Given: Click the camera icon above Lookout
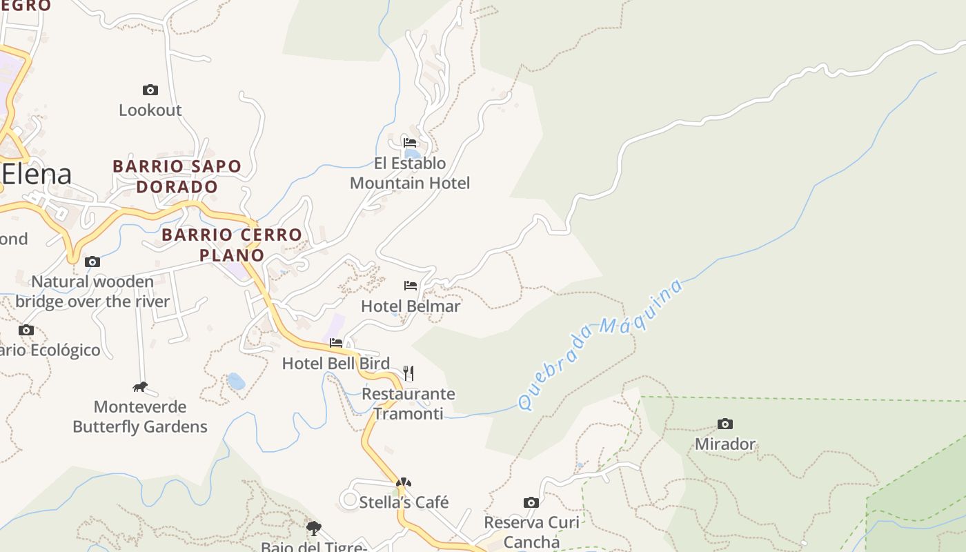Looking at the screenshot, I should pyautogui.click(x=150, y=90).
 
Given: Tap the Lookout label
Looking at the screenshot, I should pyautogui.click(x=150, y=110).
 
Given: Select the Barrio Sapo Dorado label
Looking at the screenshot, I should pyautogui.click(x=177, y=177).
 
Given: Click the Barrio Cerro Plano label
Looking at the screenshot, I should pyautogui.click(x=232, y=245).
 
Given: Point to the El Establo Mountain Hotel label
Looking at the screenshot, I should pyautogui.click(x=410, y=173).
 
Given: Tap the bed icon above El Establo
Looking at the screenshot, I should pyautogui.click(x=410, y=143).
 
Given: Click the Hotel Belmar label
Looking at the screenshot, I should pyautogui.click(x=411, y=306).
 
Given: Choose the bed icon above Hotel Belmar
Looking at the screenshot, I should pyautogui.click(x=411, y=285).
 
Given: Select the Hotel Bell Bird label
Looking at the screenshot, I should pyautogui.click(x=336, y=363).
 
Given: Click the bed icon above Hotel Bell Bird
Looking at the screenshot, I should pyautogui.click(x=336, y=342).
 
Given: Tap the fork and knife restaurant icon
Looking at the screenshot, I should pyautogui.click(x=408, y=373).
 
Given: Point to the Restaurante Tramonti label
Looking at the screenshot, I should pyautogui.click(x=408, y=404).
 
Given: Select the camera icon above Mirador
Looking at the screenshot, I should pyautogui.click(x=724, y=424).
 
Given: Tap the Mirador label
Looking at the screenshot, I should pyautogui.click(x=725, y=444).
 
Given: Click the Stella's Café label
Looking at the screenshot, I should pyautogui.click(x=404, y=502).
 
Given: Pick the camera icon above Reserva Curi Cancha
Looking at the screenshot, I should pyautogui.click(x=531, y=502).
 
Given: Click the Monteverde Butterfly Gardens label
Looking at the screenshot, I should pyautogui.click(x=140, y=417).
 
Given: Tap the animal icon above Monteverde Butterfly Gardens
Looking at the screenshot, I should pyautogui.click(x=140, y=386).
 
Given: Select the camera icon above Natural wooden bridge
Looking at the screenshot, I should pyautogui.click(x=92, y=262).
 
